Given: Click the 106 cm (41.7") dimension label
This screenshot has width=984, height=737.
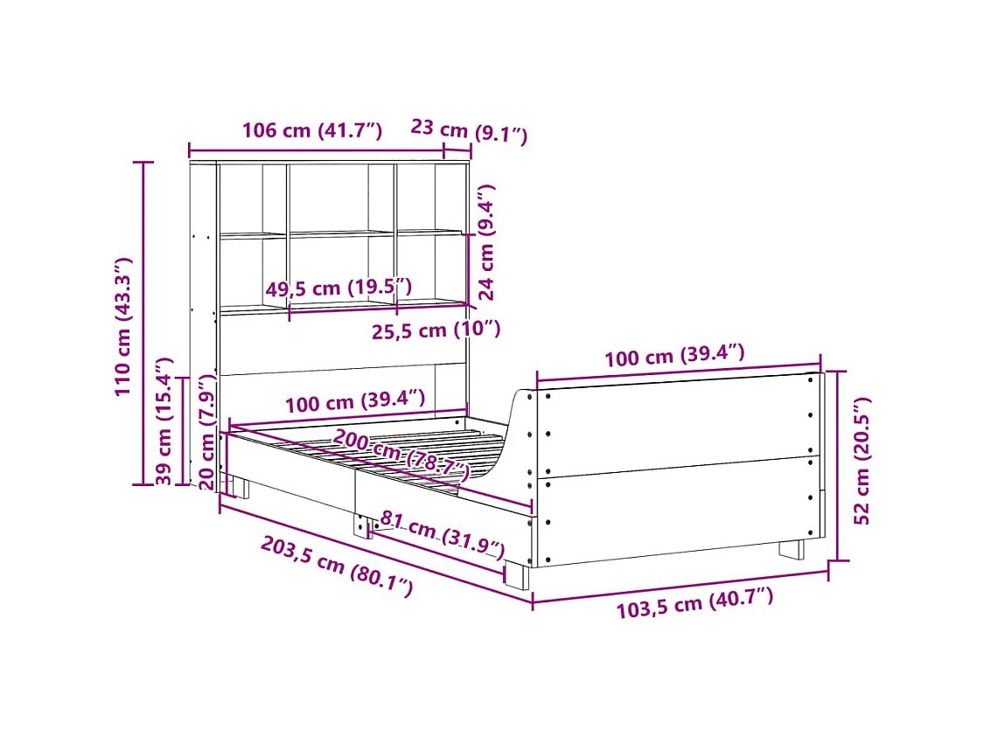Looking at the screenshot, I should pyautogui.click(x=311, y=131).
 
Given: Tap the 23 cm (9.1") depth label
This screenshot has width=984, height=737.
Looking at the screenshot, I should pyautogui.click(x=469, y=131).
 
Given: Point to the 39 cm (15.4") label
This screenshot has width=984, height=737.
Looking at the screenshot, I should pyautogui.click(x=164, y=421).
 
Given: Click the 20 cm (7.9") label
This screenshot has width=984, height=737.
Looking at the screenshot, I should pyautogui.click(x=206, y=432).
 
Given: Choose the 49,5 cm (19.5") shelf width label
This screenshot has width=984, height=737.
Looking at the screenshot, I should pyautogui.click(x=338, y=288).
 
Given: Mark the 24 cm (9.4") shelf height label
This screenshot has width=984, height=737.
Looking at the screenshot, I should pyautogui.click(x=486, y=242).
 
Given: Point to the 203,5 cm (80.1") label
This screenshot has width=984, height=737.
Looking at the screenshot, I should pyautogui.click(x=336, y=567).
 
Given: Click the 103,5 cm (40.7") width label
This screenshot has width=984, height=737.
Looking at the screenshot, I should pyautogui.click(x=694, y=604).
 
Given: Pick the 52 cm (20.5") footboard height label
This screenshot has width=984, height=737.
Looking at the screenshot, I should pyautogui.click(x=862, y=461).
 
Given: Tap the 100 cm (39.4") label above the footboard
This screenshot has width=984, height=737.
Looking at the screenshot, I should pyautogui.click(x=674, y=356).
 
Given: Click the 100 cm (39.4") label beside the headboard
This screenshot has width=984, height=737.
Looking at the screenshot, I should pyautogui.click(x=354, y=402).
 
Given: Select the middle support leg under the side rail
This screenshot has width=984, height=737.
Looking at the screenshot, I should pyautogui.click(x=362, y=526).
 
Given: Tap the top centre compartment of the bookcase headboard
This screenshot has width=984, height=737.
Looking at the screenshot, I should pyautogui.click(x=341, y=198).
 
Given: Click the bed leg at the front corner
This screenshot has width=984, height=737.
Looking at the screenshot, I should pyautogui.click(x=516, y=575).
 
